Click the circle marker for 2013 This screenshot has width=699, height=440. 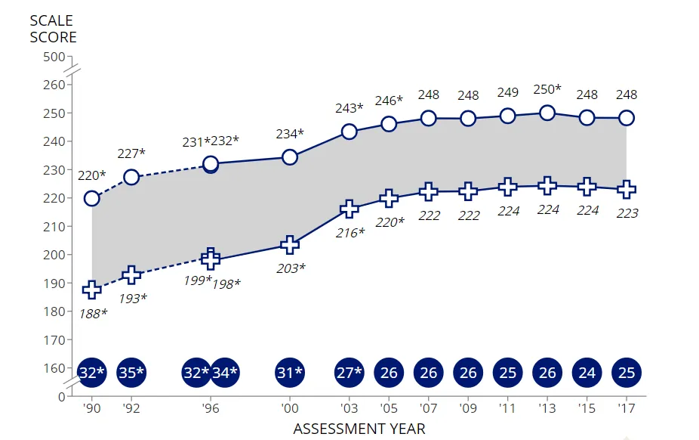tap(547, 113)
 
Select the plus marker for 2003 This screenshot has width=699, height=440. tap(349, 209)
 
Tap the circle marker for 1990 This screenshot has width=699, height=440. tap(92, 198)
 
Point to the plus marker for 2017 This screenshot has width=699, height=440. tap(627, 189)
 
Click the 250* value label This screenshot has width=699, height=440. tap(547, 89)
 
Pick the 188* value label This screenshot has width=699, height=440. tap(93, 312)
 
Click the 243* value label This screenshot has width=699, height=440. tap(349, 109)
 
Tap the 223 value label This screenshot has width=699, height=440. tap(627, 213)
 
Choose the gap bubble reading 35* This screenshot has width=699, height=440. tap(131, 372)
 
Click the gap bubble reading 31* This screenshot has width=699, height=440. tap(289, 372)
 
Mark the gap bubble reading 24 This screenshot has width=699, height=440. tap(587, 372)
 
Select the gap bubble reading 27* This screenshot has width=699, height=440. tap(349, 372)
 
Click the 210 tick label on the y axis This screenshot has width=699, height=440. tap(54, 226)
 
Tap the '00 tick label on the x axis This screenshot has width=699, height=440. tap(289, 409)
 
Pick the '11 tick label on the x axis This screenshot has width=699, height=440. tap(507, 409)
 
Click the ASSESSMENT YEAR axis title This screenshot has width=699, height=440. tap(359, 429)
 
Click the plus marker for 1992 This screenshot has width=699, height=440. tap(131, 275)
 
